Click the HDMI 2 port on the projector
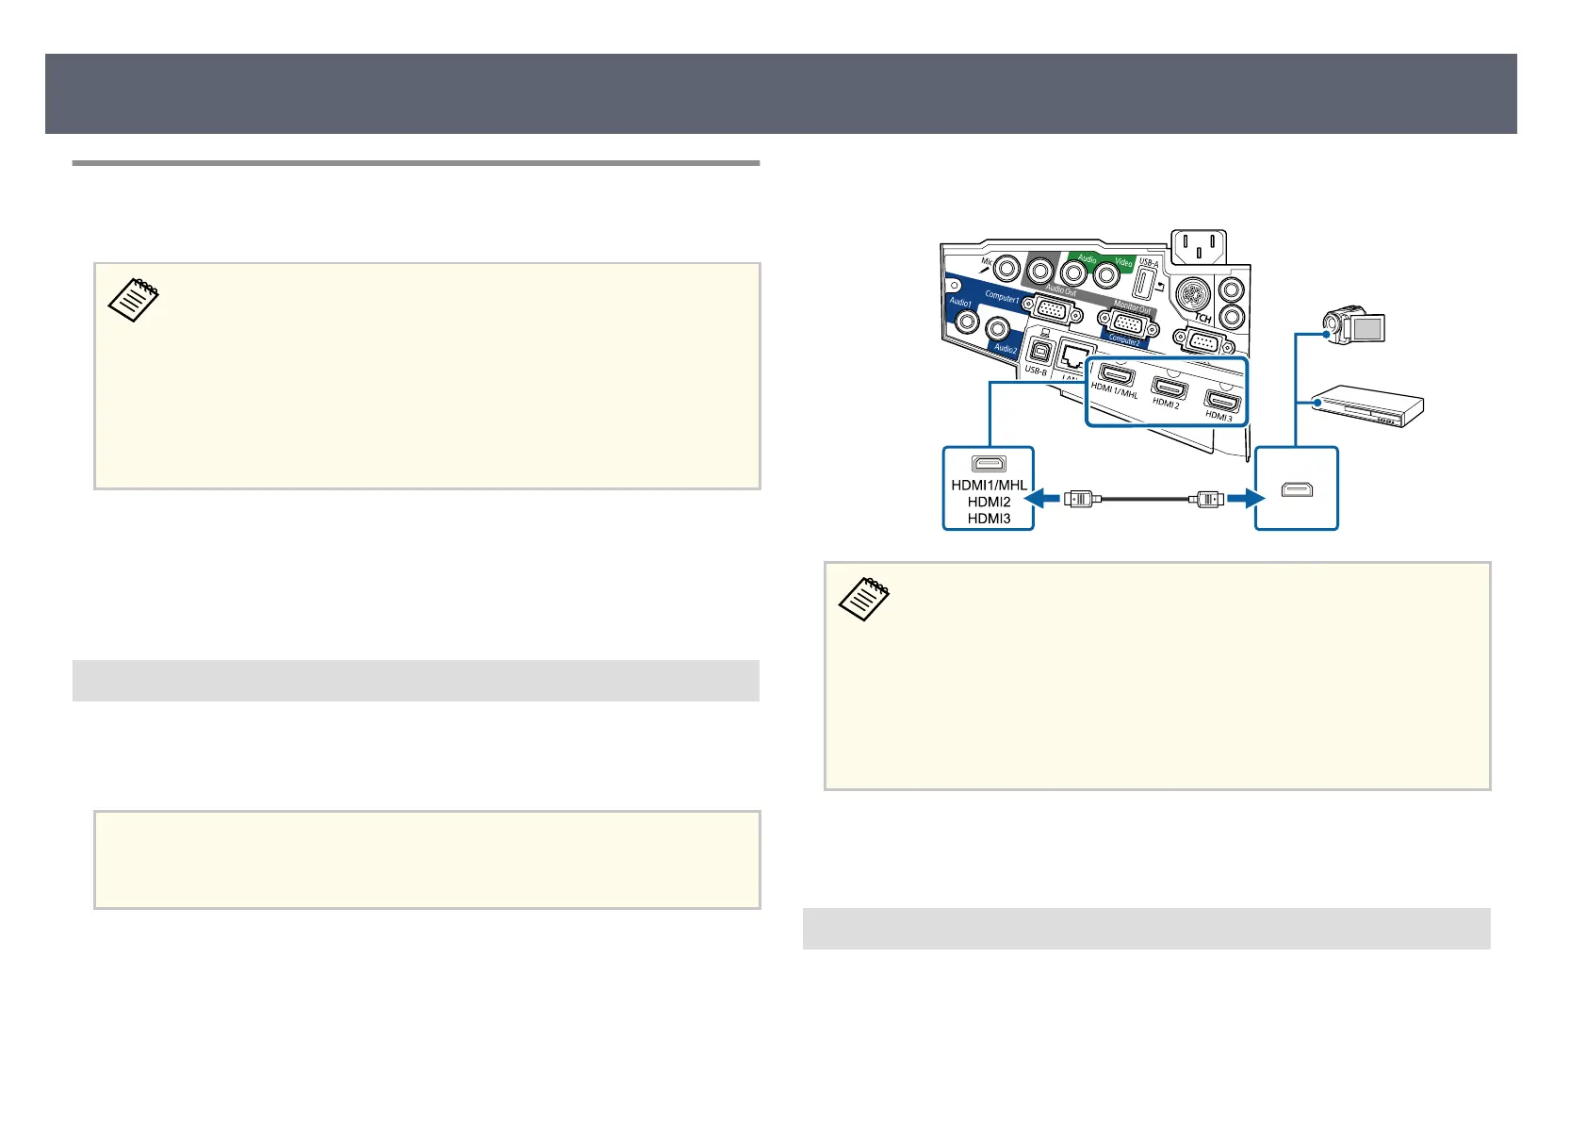[1170, 388]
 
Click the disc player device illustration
[1367, 405]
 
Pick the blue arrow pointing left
[1045, 497]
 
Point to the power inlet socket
[1198, 251]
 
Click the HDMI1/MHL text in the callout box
[989, 486]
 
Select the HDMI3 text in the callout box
[989, 519]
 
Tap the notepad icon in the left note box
[134, 301]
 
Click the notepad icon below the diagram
[863, 599]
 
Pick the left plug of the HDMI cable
[1079, 498]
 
